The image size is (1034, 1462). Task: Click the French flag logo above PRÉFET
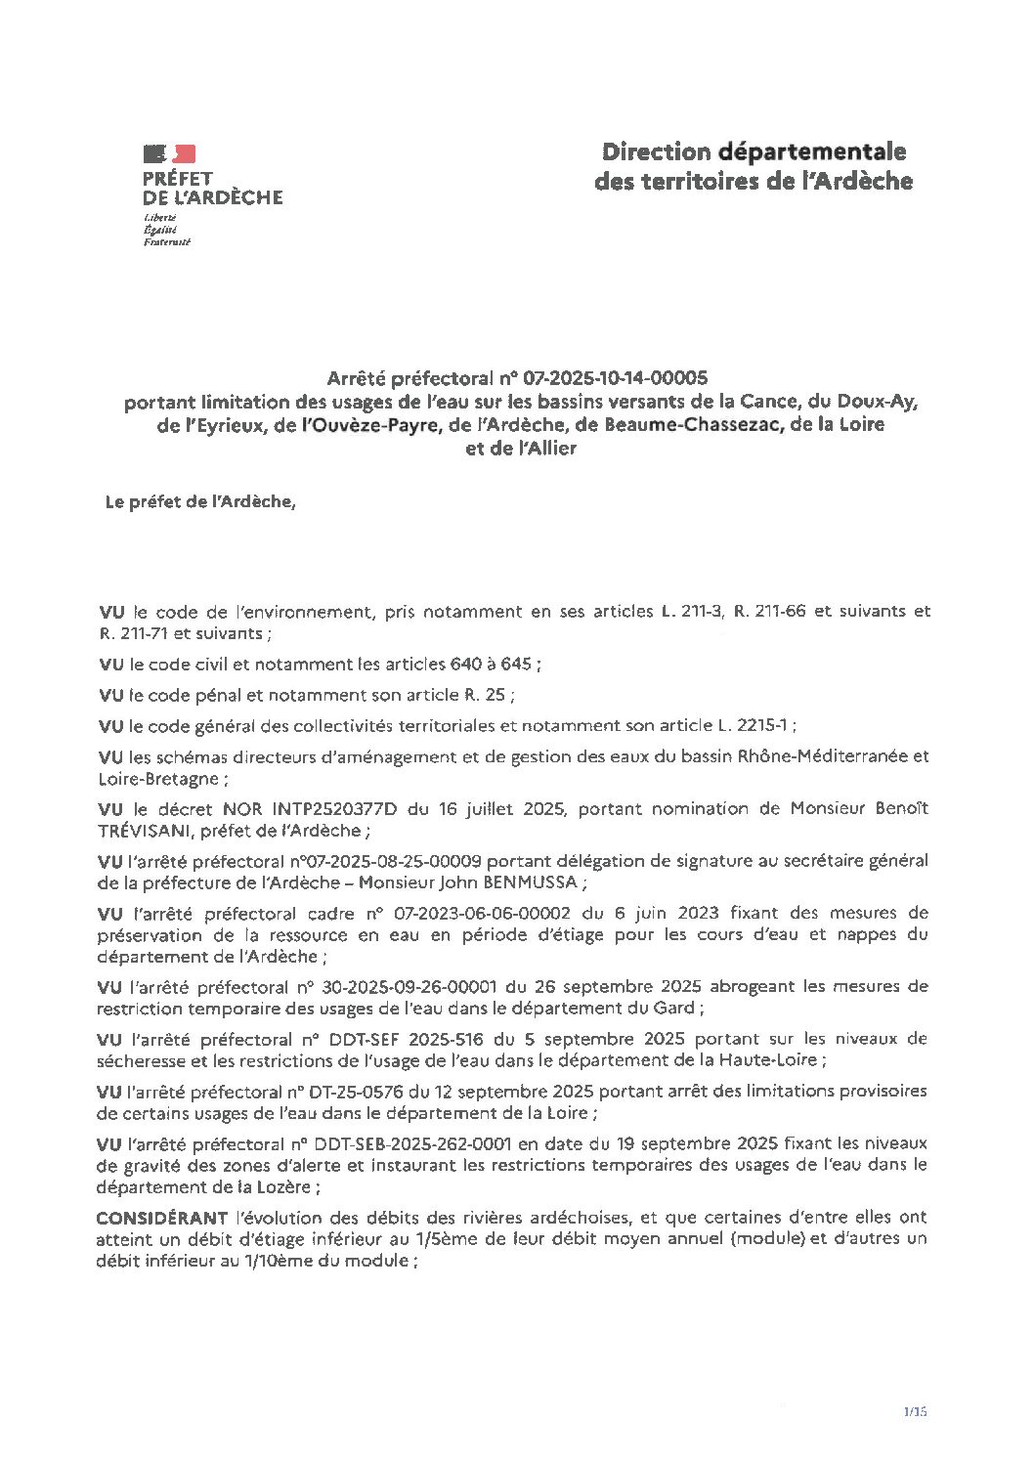[169, 153]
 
